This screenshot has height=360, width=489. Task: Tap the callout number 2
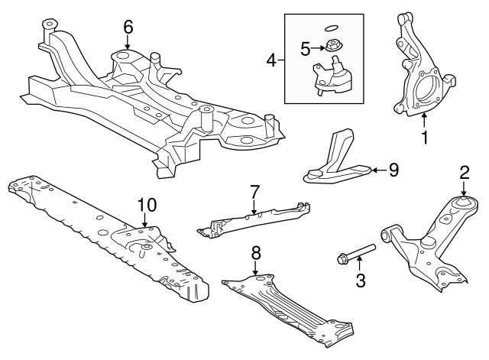pos(463,174)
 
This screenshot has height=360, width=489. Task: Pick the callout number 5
pos(305,50)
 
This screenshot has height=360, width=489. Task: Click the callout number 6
pos(128,27)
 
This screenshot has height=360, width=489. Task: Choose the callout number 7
pos(254,190)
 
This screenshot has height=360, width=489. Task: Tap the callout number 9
pos(393,170)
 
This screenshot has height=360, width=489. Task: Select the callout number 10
pos(146,204)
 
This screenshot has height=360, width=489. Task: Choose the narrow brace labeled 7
pos(256,219)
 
